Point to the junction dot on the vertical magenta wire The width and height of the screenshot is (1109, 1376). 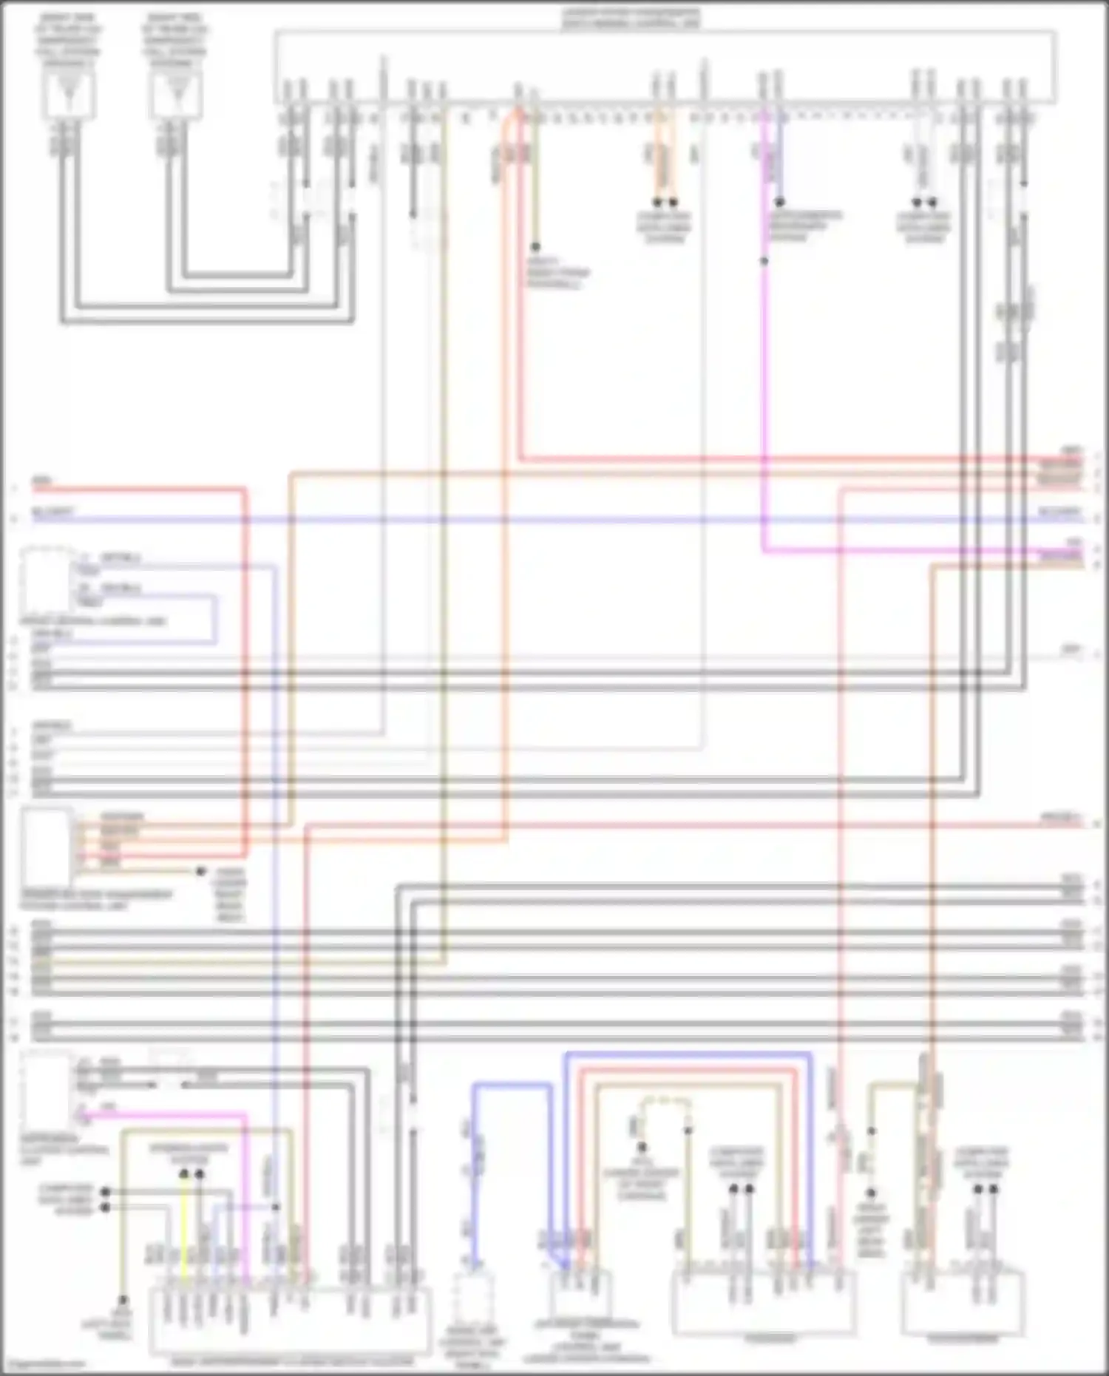[x=764, y=261]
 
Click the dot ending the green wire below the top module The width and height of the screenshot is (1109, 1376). [x=535, y=247]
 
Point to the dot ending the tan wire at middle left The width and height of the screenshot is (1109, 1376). [x=200, y=871]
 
